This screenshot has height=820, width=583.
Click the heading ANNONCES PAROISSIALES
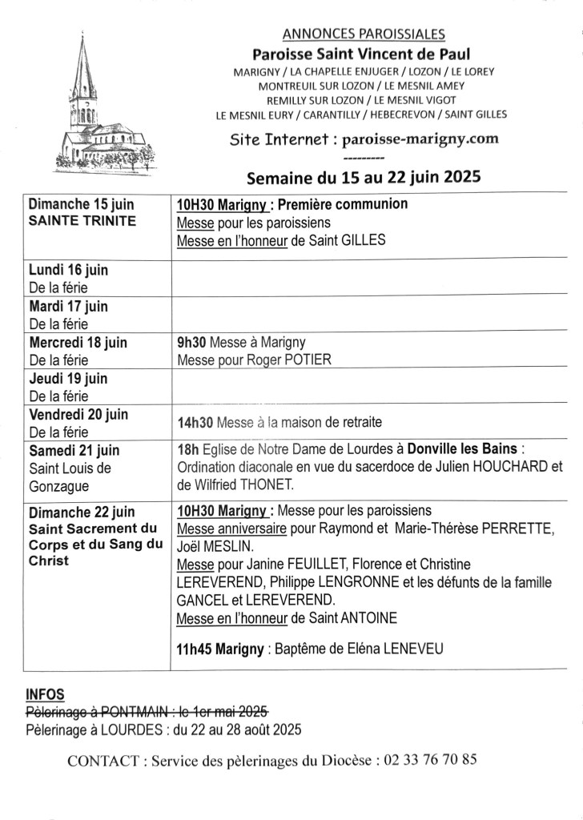pos(364,34)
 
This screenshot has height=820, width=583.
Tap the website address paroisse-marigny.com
pos(420,139)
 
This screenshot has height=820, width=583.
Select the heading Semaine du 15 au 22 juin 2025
pos(364,177)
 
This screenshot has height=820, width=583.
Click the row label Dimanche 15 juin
pos(82,204)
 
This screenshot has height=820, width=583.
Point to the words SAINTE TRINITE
pos(82,221)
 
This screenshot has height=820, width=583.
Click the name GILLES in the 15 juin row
pos(363,239)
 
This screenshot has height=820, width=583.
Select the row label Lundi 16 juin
pos(68,270)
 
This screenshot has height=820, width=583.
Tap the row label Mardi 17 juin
pos(68,306)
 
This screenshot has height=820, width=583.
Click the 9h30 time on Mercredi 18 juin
pos(189,342)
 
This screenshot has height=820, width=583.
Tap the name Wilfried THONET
pos(254,484)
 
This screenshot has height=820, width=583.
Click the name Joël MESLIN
pos(215,546)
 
